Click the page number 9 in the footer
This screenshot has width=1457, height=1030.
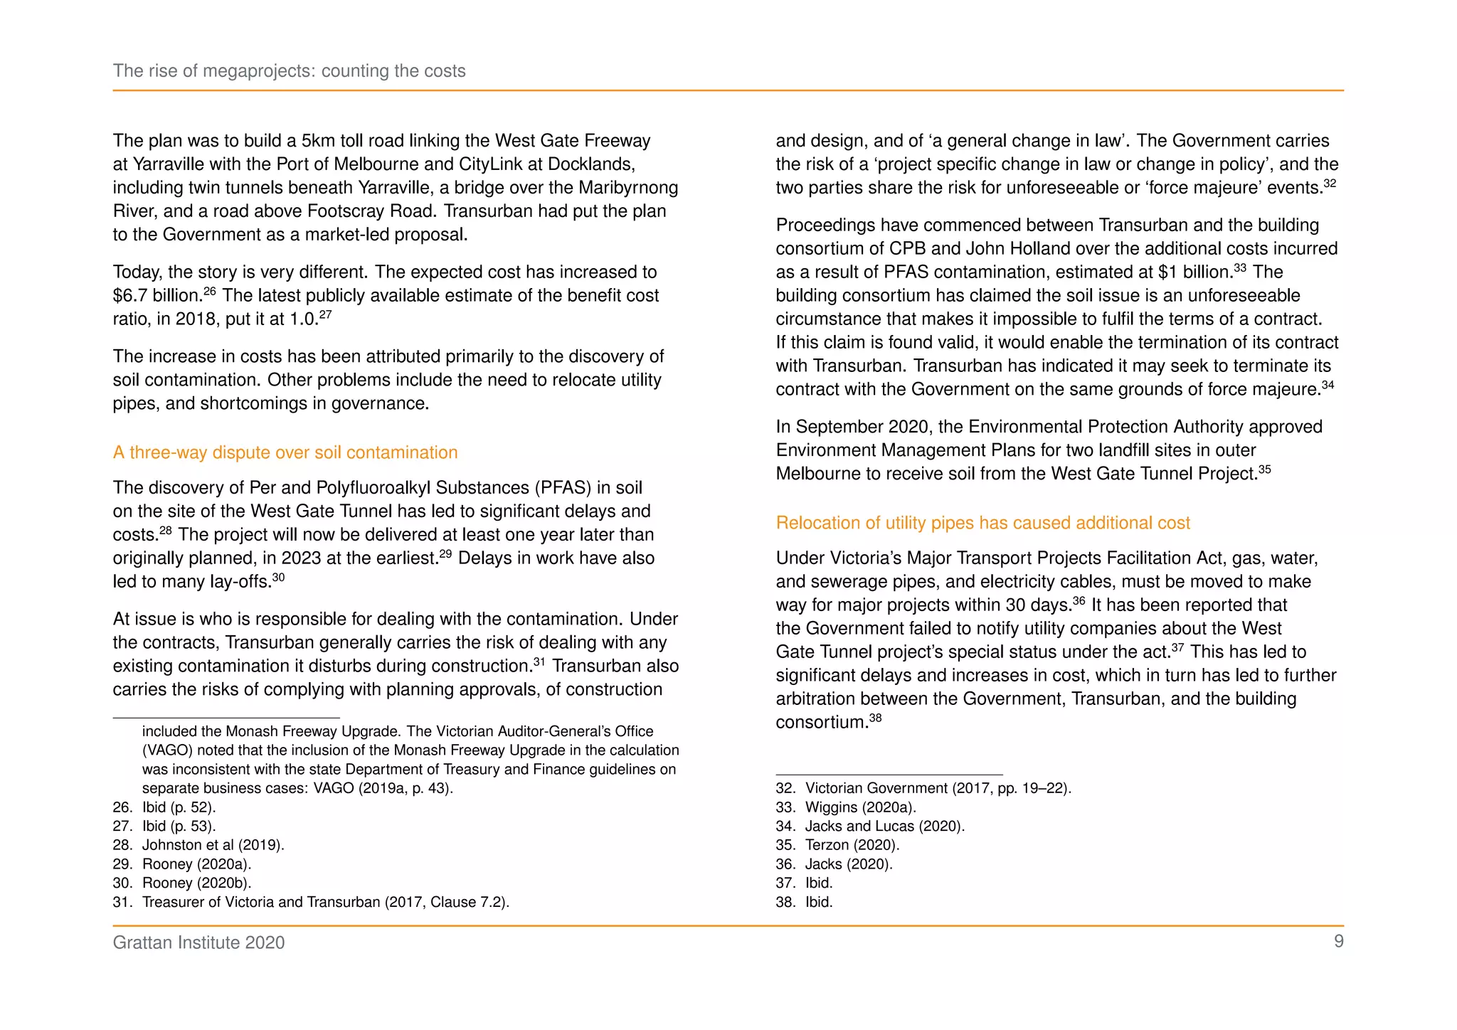coord(1338,941)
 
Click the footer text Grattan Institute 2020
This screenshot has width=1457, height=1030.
coord(198,943)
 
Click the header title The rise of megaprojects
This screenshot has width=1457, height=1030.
coord(289,71)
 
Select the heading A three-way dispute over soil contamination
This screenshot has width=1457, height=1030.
coord(285,452)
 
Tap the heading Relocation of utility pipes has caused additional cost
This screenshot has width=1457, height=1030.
coord(982,523)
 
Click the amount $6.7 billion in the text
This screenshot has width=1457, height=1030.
coord(157,296)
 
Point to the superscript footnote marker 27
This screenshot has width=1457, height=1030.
coord(325,314)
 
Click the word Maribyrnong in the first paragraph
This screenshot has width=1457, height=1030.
coord(627,188)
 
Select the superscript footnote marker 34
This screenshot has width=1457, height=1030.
coord(1328,385)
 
